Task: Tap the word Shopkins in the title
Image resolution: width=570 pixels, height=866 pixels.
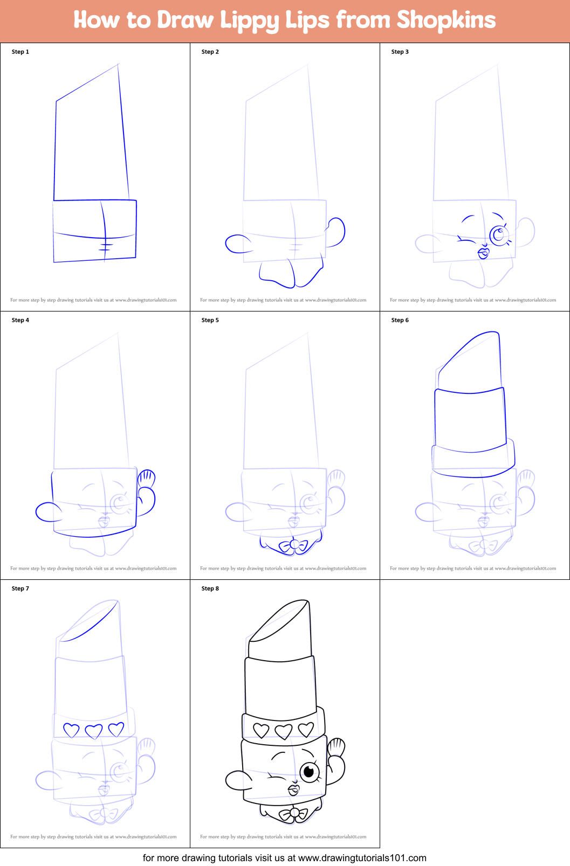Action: pyautogui.click(x=446, y=20)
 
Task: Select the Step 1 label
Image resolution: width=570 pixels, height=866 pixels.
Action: pyautogui.click(x=20, y=52)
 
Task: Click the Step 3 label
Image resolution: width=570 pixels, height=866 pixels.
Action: pyautogui.click(x=400, y=52)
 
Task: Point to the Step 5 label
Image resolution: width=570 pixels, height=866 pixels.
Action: pyautogui.click(x=210, y=320)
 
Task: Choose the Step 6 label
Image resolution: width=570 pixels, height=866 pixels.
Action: pyautogui.click(x=400, y=320)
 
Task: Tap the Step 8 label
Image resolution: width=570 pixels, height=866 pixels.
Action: pyautogui.click(x=210, y=588)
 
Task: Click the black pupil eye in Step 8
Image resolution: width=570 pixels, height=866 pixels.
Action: pyautogui.click(x=309, y=772)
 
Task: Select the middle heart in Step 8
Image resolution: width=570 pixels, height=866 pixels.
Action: pyautogui.click(x=284, y=731)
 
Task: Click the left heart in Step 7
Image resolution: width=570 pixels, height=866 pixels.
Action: pyautogui.click(x=71, y=730)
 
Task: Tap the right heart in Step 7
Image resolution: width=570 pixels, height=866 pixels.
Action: pyautogui.click(x=116, y=729)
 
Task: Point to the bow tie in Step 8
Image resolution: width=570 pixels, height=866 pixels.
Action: pyautogui.click(x=294, y=814)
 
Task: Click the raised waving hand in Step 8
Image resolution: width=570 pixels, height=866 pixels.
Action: pyautogui.click(x=336, y=747)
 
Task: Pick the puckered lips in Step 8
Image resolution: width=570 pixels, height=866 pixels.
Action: pyautogui.click(x=294, y=789)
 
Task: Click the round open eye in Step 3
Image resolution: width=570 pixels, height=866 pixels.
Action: pyautogui.click(x=499, y=234)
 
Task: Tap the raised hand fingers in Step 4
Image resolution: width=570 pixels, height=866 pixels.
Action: pyautogui.click(x=147, y=478)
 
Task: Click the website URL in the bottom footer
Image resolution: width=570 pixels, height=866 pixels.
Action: pyautogui.click(x=362, y=858)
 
